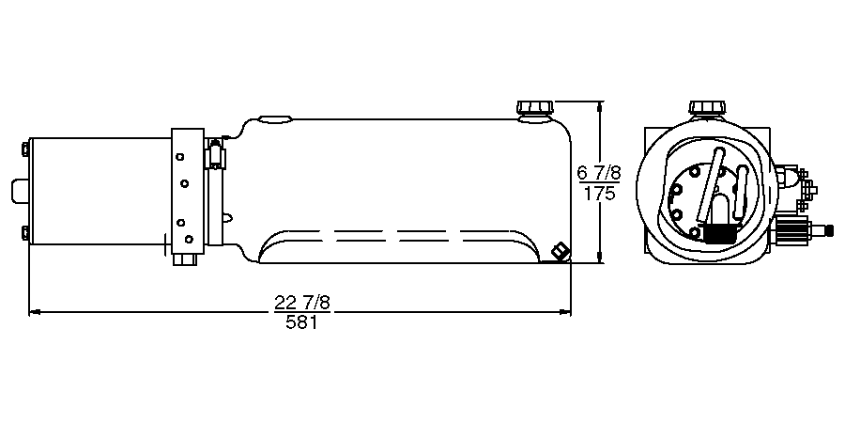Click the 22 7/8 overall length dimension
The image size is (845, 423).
click(301, 302)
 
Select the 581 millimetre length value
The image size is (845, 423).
click(301, 322)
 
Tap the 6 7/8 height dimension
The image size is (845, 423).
click(599, 173)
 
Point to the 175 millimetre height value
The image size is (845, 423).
click(599, 195)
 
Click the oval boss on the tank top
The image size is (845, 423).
click(276, 119)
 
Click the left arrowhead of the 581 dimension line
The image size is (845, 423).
click(34, 311)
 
